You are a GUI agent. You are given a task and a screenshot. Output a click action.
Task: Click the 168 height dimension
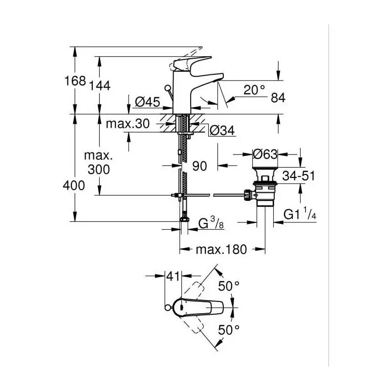75,81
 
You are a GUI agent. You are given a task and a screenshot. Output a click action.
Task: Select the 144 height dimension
100,86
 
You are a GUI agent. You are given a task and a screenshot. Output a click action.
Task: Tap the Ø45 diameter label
148,102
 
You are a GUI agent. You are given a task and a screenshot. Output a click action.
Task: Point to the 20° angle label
254,89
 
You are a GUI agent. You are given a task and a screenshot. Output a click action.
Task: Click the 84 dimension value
278,98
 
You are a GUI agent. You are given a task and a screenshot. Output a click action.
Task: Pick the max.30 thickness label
128,124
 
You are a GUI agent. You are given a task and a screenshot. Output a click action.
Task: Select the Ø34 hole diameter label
222,130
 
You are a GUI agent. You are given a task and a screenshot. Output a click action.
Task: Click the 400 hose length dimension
74,186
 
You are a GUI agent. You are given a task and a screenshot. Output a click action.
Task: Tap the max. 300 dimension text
99,163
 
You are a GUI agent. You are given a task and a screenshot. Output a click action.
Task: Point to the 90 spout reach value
200,166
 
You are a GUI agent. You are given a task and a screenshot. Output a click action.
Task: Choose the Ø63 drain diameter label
265,154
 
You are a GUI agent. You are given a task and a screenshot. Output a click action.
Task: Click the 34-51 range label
299,176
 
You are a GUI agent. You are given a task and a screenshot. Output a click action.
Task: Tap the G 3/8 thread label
211,223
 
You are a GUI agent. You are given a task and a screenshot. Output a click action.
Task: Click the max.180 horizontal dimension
221,249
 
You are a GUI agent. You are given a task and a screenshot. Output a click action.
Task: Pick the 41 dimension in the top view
174,276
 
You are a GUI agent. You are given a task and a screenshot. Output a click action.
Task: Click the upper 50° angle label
229,286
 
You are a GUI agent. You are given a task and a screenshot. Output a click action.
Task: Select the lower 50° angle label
229,330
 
